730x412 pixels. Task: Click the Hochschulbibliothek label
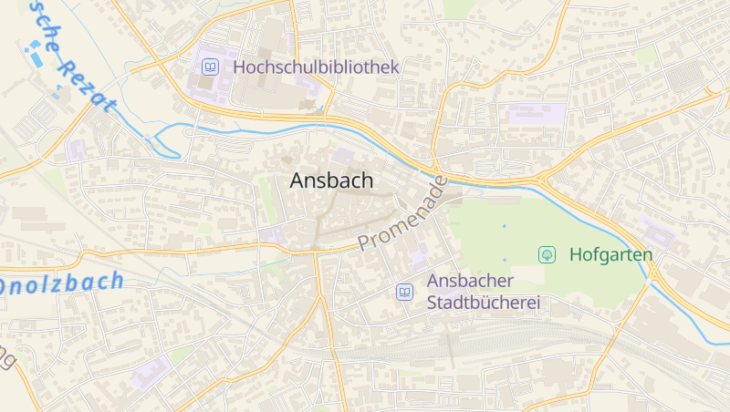point(316,67)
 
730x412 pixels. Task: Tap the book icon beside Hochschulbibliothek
point(211,67)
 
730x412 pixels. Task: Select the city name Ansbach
point(331,180)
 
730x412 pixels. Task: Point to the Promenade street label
point(402,214)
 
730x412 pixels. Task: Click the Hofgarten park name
point(610,254)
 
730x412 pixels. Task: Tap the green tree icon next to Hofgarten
point(547,254)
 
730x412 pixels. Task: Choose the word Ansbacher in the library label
point(470,281)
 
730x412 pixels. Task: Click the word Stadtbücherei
point(485,302)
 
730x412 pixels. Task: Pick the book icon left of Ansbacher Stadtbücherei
point(403,292)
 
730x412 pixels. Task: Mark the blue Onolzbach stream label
point(60,283)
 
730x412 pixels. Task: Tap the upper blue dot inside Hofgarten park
point(503,225)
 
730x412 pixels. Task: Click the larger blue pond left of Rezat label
point(36,57)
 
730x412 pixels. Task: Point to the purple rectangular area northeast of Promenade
point(537,114)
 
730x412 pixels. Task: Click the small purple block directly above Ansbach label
point(344,157)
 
